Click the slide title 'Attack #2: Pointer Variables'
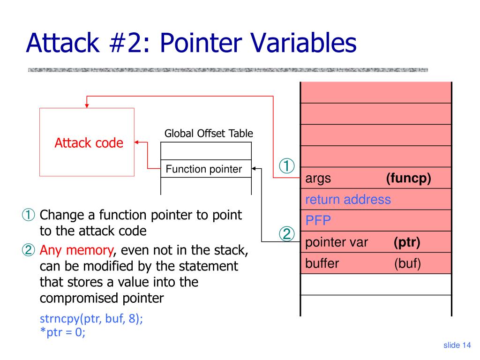[191, 43]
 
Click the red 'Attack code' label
[89, 143]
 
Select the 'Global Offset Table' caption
[208, 134]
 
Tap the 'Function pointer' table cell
[204, 169]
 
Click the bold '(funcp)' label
[408, 179]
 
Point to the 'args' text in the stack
[318, 179]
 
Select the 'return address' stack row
[348, 200]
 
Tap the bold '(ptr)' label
[407, 242]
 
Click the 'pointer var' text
[337, 242]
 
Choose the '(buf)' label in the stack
[407, 263]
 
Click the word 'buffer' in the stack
[322, 263]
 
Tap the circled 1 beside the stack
[287, 166]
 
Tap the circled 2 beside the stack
[287, 233]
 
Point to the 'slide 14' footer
[457, 345]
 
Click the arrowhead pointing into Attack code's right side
[137, 142]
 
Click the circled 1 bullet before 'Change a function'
[29, 216]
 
